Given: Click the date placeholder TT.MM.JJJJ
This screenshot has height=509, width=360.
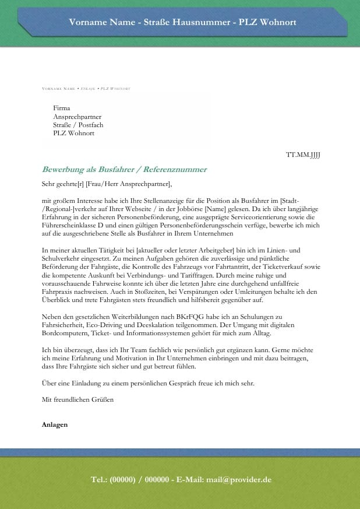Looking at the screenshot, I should pyautogui.click(x=303, y=155).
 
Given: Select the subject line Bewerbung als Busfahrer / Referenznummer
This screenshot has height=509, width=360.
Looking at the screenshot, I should pyautogui.click(x=124, y=170).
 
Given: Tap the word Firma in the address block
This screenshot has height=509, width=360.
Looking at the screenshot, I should pyautogui.click(x=61, y=108).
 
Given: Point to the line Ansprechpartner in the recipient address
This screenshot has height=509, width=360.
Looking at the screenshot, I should pyautogui.click(x=77, y=117).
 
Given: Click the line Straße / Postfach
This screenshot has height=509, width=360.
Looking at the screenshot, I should pyautogui.click(x=78, y=125).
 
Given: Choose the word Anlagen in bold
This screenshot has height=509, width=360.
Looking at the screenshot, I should pyautogui.click(x=55, y=424).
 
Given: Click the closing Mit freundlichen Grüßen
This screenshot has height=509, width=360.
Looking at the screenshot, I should pyautogui.click(x=77, y=400).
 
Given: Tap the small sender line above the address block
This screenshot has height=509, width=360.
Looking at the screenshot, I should pyautogui.click(x=86, y=89).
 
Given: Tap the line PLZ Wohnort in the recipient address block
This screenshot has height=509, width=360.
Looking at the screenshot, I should pyautogui.click(x=73, y=133).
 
